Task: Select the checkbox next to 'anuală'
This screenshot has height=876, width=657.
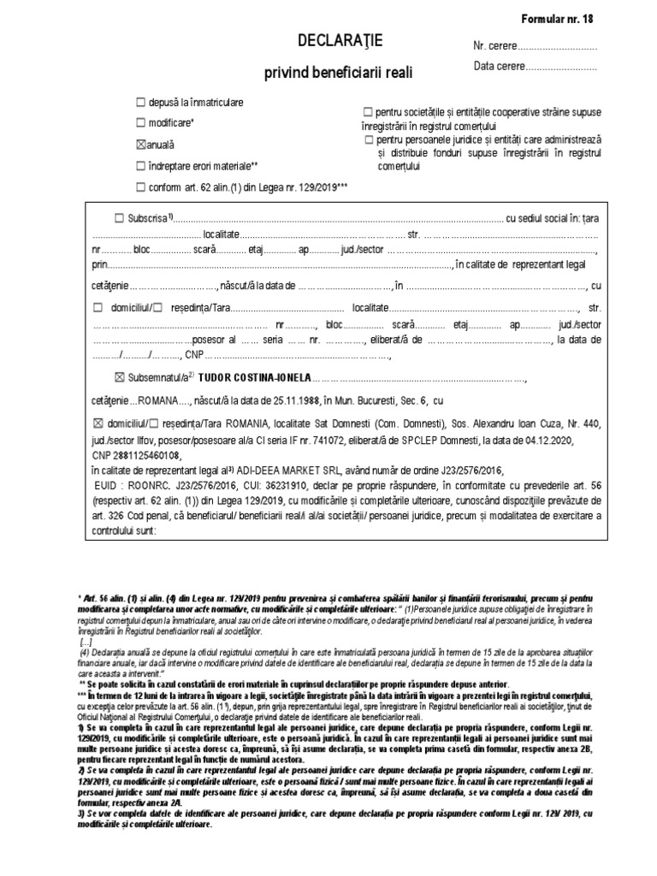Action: (141, 145)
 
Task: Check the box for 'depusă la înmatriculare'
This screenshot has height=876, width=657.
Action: (141, 103)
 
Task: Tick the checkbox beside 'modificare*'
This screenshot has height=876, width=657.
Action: (141, 123)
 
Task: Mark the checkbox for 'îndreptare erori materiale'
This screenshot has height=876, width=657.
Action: (141, 165)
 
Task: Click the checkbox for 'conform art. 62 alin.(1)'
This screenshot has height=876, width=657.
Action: (141, 186)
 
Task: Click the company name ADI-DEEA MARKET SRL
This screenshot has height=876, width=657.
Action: (292, 471)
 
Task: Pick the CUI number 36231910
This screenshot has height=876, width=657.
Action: (266, 485)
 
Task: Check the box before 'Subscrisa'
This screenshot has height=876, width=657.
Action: (119, 219)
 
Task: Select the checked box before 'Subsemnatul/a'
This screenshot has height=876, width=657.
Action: (119, 378)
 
